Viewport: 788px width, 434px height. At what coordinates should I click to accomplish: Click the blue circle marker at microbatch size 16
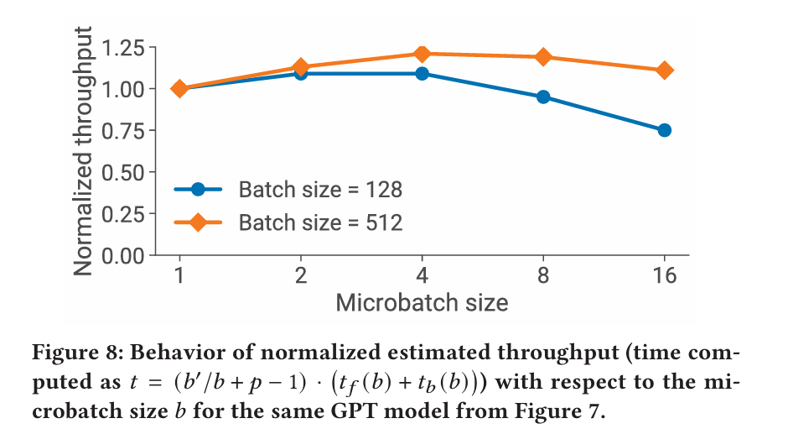coord(665,130)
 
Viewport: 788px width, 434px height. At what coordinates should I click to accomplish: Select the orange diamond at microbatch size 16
coord(665,71)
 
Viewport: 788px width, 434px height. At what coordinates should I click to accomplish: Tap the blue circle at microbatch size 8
coord(543,97)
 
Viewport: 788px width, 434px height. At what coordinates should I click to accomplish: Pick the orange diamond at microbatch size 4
coord(423,54)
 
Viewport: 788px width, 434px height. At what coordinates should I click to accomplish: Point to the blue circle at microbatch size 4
coord(423,74)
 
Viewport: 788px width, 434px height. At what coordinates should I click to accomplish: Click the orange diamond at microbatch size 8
coord(543,57)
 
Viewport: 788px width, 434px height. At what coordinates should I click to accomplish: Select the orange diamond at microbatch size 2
coord(300,67)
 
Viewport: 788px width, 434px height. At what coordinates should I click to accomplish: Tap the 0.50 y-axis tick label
coord(122,173)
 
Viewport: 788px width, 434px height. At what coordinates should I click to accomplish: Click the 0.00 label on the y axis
coord(122,256)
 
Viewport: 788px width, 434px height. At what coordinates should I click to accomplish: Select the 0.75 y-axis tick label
coord(122,132)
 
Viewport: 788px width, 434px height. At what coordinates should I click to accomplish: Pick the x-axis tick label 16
coord(665,275)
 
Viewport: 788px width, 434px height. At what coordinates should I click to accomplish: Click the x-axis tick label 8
coord(543,275)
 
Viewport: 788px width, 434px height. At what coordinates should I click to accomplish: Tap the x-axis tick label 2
coord(300,275)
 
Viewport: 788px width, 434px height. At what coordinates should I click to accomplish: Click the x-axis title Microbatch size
coord(422,303)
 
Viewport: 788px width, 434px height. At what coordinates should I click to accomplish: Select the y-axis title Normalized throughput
coord(83,151)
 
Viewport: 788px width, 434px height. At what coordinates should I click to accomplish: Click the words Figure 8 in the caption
coord(76,353)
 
